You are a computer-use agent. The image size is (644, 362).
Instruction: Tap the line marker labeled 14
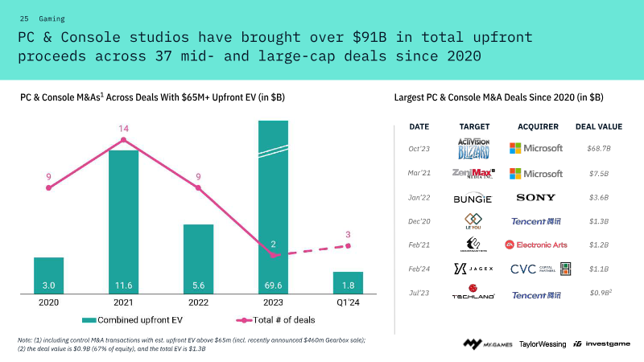click(123, 140)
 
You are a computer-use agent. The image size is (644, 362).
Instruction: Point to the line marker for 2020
click(49, 188)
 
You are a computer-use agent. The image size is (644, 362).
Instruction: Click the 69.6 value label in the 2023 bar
click(273, 286)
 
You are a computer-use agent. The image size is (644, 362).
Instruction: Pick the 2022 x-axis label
click(198, 302)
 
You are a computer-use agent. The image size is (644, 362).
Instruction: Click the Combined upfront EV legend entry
click(136, 319)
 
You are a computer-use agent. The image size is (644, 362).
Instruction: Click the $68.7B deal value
click(599, 149)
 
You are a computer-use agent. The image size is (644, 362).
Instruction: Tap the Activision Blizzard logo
click(473, 148)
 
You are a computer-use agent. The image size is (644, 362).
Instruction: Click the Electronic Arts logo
click(536, 245)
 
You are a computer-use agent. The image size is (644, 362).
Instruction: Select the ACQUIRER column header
click(538, 126)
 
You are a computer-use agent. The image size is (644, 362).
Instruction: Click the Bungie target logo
click(473, 198)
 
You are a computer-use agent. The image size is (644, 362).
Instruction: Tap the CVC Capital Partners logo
click(541, 269)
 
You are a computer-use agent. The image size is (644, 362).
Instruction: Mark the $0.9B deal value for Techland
click(598, 293)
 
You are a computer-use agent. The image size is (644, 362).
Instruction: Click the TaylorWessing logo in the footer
click(543, 343)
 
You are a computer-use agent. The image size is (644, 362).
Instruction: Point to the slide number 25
click(24, 18)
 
